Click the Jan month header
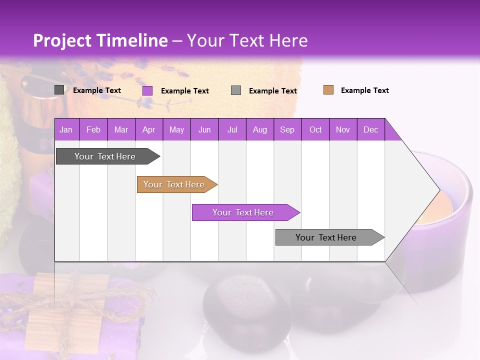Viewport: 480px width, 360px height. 66,129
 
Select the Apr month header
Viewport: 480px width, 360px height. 149,129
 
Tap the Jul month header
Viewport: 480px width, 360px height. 232,129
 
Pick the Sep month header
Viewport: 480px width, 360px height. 287,129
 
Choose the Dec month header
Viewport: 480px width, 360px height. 371,129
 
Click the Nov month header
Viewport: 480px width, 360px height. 343,129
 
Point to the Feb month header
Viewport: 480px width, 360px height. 93,129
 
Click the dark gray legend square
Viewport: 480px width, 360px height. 59,90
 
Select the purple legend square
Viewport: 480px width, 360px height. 147,90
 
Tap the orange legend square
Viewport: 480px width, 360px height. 328,90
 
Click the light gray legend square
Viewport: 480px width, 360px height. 236,90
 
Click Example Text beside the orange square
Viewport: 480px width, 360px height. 364,90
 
